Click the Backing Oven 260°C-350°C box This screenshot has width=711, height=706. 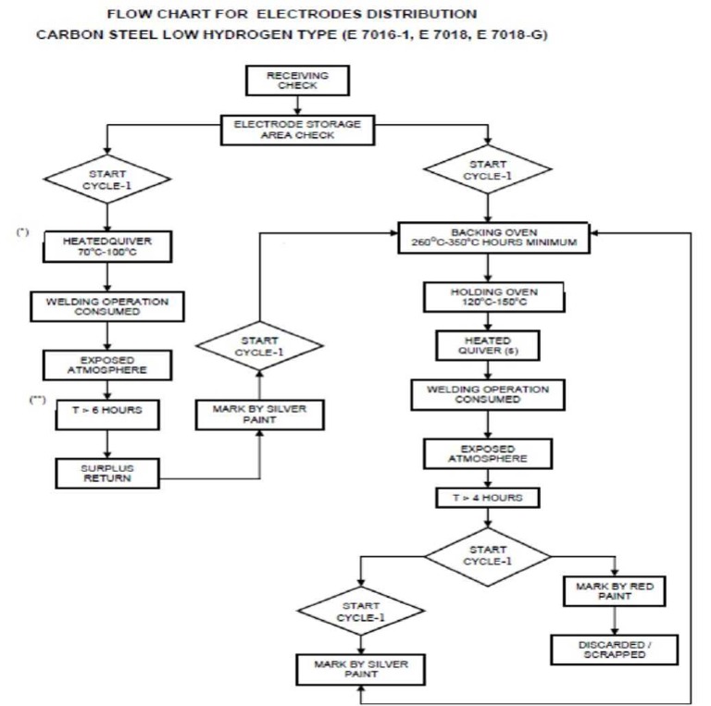[493, 238]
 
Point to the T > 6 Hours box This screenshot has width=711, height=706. [110, 411]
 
